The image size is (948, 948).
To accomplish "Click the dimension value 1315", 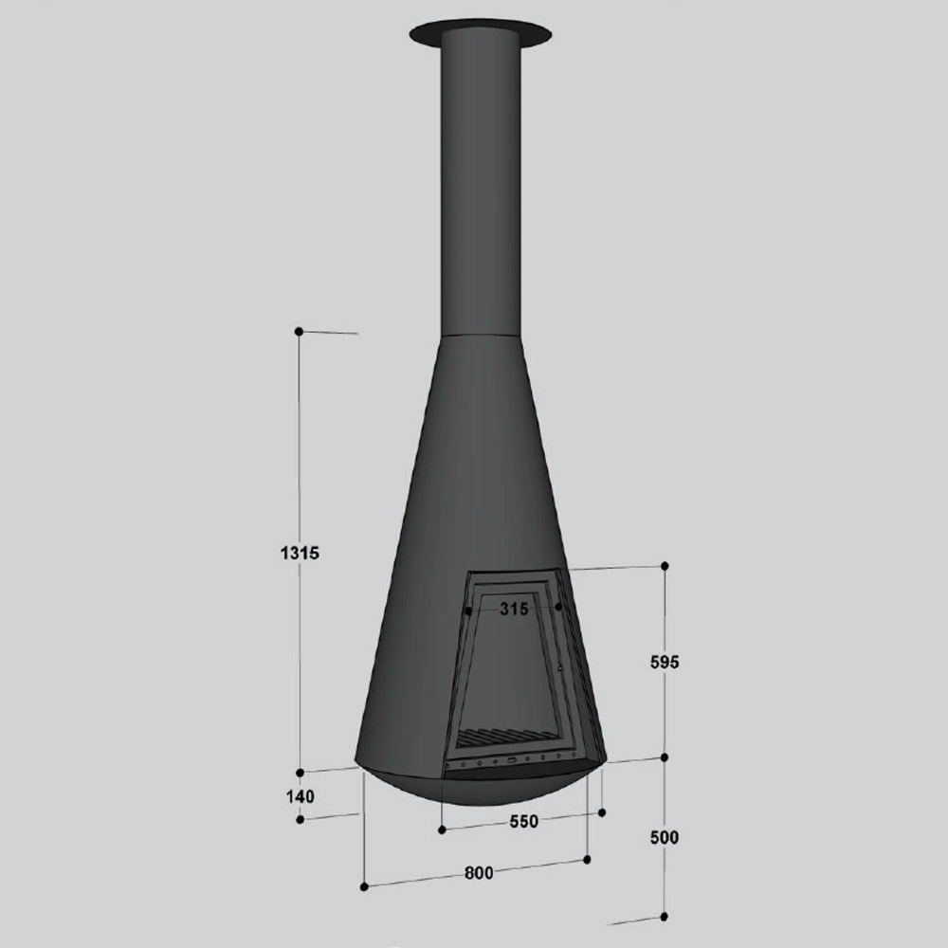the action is [x=300, y=553].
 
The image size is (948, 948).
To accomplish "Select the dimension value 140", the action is [x=301, y=797].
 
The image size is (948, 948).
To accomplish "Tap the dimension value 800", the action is [x=479, y=873].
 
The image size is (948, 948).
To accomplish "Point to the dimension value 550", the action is [x=523, y=822].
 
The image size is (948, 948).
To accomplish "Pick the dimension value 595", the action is [x=665, y=662].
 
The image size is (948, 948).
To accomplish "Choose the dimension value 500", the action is [x=665, y=837].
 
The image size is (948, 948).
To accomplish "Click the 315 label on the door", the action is [x=514, y=609].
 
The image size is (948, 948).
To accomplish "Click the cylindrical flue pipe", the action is [x=480, y=181].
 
